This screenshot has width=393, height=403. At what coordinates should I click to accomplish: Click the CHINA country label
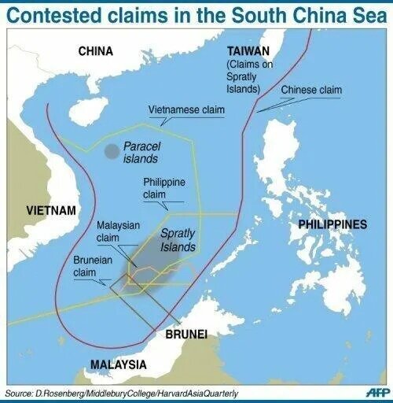(96, 51)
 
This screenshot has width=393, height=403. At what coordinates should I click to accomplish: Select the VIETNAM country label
(51, 211)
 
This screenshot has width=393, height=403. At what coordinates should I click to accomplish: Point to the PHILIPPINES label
(332, 225)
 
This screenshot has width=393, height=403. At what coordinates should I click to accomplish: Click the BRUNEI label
(186, 335)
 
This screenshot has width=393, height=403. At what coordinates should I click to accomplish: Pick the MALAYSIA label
(118, 364)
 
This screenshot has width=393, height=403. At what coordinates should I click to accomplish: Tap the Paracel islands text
(145, 152)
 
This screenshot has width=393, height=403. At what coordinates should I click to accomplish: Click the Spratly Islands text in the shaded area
(178, 240)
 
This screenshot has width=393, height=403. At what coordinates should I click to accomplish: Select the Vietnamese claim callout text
(186, 110)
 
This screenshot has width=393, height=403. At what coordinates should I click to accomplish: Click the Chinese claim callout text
(311, 90)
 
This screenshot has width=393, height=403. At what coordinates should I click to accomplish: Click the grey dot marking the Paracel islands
(112, 150)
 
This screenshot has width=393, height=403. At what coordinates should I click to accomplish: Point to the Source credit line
(122, 392)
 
